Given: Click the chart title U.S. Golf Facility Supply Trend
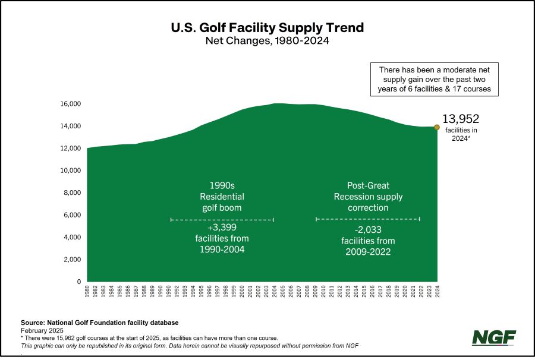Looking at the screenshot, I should [267, 28].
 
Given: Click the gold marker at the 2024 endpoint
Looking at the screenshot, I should [437, 127].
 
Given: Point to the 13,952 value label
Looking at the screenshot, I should [461, 119].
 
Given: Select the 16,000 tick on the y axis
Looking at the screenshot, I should [70, 104].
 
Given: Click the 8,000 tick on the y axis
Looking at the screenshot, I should [72, 193].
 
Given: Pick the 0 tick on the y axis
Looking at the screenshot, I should [78, 282].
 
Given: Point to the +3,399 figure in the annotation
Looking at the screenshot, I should [222, 228].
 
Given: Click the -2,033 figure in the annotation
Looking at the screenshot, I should [368, 229].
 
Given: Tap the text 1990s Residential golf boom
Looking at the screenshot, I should [222, 197].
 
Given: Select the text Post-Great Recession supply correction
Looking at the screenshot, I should [368, 197].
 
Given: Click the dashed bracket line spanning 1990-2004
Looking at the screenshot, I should [222, 220].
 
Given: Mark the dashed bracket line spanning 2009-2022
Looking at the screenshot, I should [368, 219].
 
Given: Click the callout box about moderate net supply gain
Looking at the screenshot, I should [434, 79].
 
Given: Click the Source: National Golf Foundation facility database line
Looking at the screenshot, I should [99, 323].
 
